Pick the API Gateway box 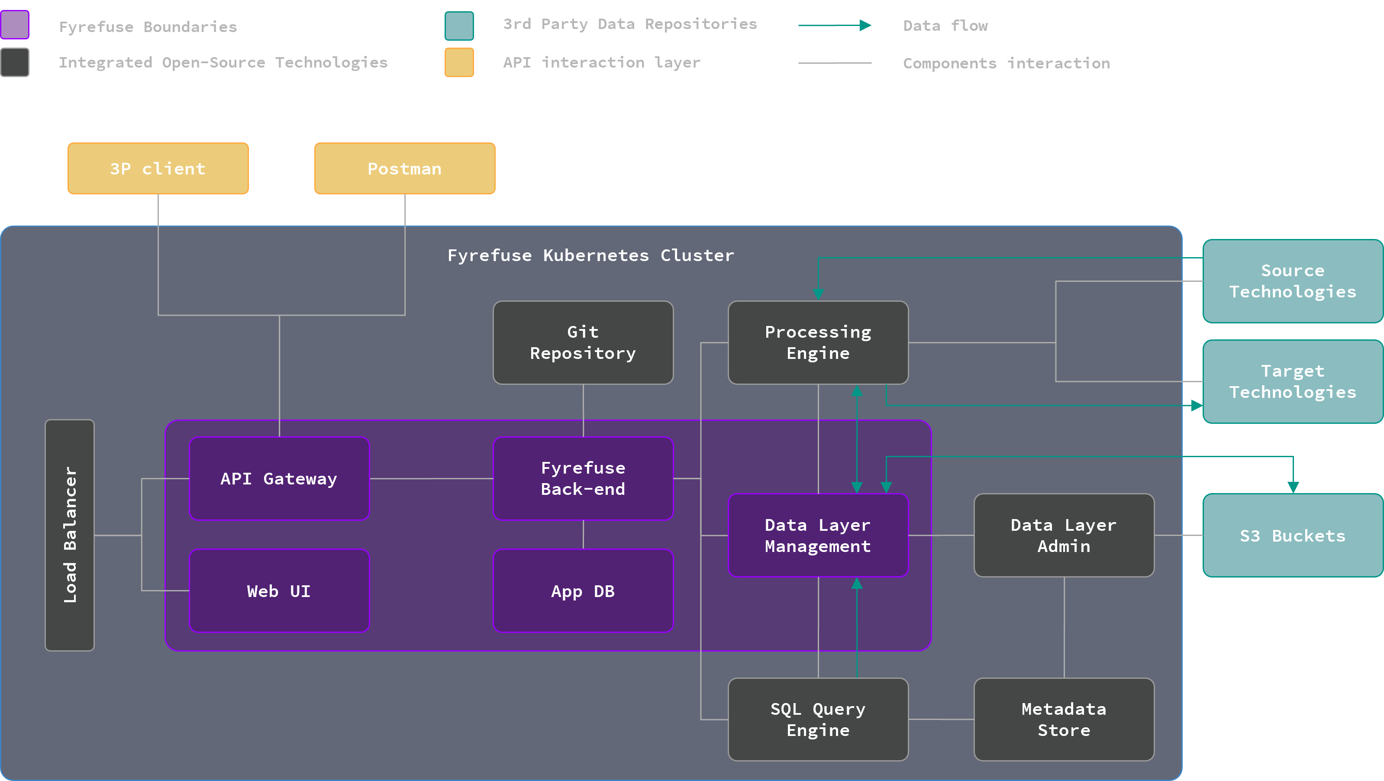coord(279,478)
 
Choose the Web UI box coord(279,591)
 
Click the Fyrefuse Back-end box coord(583,478)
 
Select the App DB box coord(583,591)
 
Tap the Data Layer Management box coord(818,535)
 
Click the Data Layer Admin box coord(1064,535)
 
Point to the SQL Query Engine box coord(818,719)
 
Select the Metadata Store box coord(1064,719)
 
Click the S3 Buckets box coord(1292,535)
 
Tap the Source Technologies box coord(1292,281)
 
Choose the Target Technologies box coord(1292,381)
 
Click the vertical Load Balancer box coord(70,535)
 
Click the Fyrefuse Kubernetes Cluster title coord(590,255)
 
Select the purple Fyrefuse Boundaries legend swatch coord(15,25)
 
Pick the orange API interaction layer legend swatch coord(459,62)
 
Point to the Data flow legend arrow coord(834,25)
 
